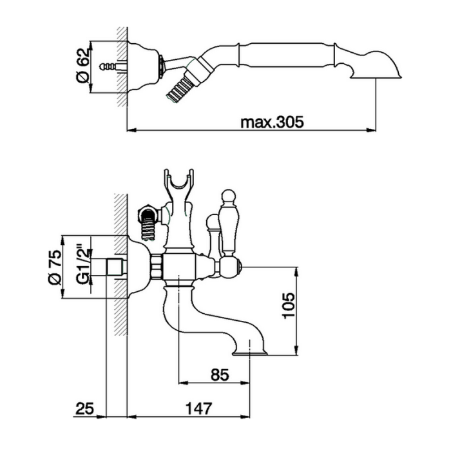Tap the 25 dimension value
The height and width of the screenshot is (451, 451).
point(86,408)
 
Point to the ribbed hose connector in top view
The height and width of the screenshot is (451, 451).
point(180,85)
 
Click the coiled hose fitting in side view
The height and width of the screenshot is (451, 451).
point(148,223)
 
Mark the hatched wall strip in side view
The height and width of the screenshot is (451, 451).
point(120,264)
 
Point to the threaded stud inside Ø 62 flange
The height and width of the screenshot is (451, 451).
point(110,66)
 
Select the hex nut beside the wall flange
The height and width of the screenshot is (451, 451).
point(156,267)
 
